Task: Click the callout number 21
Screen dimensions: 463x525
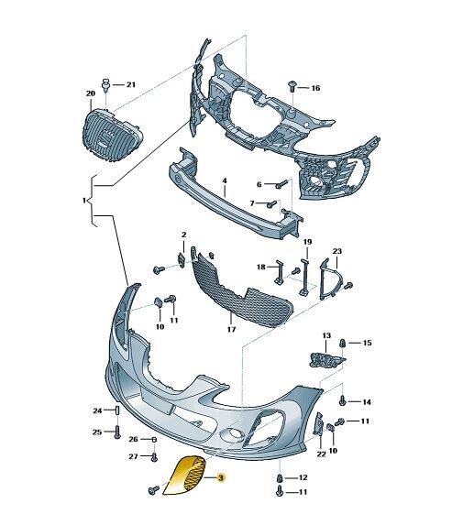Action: [x=131, y=84]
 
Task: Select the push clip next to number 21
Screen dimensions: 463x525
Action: [x=106, y=84]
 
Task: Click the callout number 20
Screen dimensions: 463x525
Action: [x=91, y=93]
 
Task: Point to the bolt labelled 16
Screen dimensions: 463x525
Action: [x=292, y=86]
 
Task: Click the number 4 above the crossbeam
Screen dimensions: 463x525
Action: [x=225, y=180]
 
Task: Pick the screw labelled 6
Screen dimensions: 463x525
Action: [x=281, y=184]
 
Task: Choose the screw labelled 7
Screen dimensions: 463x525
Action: [x=272, y=203]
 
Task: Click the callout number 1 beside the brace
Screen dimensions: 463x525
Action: [x=84, y=201]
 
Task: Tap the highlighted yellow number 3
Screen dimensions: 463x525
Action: [x=220, y=477]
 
